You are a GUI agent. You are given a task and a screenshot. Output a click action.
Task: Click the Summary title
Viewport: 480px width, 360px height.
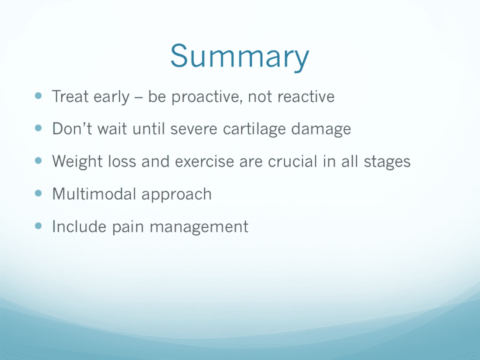(x=239, y=57)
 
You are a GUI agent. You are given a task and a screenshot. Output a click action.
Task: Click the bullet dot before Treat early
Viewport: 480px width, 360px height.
(x=38, y=95)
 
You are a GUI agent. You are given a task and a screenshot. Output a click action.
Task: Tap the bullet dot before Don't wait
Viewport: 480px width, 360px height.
(x=38, y=128)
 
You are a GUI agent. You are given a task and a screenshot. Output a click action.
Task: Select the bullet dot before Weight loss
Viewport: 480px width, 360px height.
(x=38, y=160)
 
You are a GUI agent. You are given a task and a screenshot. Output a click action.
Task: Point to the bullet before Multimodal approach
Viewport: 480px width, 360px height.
(x=38, y=193)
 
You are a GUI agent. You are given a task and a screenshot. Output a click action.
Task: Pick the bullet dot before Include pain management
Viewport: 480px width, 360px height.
(x=38, y=226)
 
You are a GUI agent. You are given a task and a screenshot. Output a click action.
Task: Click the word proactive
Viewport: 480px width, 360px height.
(x=206, y=97)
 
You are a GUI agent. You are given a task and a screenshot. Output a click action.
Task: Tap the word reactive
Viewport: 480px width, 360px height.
(x=306, y=96)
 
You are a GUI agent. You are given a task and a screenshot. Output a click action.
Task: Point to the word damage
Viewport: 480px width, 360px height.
(x=321, y=129)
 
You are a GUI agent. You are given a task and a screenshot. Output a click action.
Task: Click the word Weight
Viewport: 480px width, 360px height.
(x=77, y=161)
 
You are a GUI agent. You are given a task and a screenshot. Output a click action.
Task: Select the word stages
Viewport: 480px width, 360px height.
(x=387, y=162)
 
